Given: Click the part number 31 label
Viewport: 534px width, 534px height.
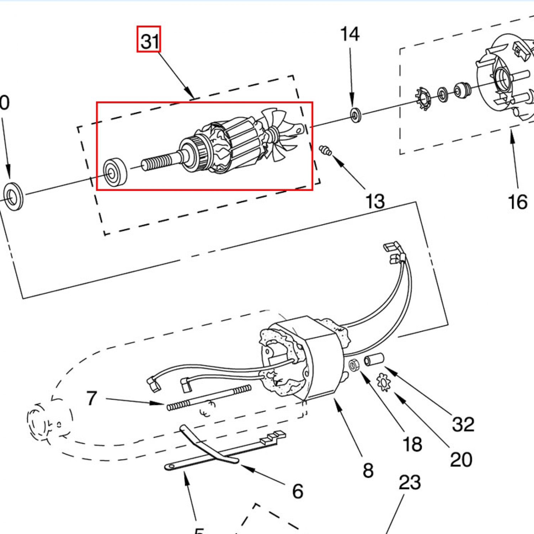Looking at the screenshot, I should tap(149, 39).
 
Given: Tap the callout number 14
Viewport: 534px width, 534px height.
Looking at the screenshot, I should tap(350, 35).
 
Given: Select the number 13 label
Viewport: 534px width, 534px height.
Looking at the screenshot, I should tap(375, 201).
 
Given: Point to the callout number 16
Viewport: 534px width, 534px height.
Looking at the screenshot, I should tap(517, 202).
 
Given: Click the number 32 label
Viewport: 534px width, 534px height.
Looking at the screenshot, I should tap(463, 424).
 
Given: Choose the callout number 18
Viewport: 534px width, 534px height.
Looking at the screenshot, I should tap(412, 444).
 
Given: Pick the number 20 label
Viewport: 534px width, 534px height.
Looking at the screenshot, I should tap(461, 460).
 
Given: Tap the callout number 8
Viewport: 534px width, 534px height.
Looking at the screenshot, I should tap(368, 471).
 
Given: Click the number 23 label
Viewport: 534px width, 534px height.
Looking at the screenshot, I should tap(409, 483).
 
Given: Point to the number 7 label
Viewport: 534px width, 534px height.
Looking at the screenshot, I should tap(91, 398).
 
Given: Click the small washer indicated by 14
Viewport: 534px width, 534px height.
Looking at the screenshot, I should tap(355, 115).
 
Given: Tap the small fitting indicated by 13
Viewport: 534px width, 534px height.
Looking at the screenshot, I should tap(325, 151).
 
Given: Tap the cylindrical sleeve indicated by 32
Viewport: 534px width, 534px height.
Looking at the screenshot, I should tap(374, 359).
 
